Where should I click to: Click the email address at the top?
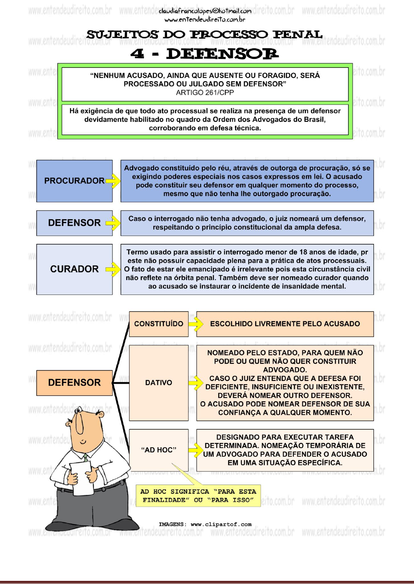click(205, 11)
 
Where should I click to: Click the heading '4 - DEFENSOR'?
click(204, 54)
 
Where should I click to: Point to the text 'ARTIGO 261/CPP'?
click(205, 93)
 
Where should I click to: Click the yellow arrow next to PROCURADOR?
click(113, 181)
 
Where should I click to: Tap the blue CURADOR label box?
click(74, 269)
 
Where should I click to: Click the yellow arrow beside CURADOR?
click(113, 269)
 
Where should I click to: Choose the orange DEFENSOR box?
click(74, 383)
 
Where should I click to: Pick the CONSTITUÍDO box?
click(158, 324)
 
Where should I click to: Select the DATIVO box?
click(158, 383)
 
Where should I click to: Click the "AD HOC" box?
click(158, 450)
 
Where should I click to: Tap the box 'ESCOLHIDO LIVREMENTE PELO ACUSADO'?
click(285, 324)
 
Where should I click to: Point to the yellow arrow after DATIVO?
click(195, 383)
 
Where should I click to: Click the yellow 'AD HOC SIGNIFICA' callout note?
click(198, 496)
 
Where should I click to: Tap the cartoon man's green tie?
click(85, 458)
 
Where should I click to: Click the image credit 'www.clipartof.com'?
click(221, 524)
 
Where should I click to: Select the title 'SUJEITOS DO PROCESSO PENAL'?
click(204, 35)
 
